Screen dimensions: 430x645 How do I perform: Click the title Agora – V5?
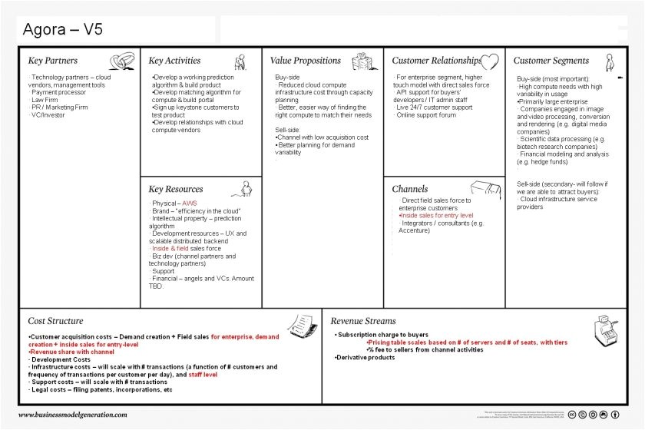63,30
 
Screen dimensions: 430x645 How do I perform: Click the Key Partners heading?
53,61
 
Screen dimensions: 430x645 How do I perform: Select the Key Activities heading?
174,61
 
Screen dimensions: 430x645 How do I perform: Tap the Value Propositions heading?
305,61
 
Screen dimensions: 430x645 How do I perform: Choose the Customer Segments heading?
551,61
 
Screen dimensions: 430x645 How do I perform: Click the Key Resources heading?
176,189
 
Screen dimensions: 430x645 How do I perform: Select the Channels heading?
410,189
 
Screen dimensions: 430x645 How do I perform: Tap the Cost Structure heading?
55,321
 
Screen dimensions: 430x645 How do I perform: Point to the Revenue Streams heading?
363,321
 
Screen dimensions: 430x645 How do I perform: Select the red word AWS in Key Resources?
189,203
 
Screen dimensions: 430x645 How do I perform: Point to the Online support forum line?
426,115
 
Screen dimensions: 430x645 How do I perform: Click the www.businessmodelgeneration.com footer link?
73,415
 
